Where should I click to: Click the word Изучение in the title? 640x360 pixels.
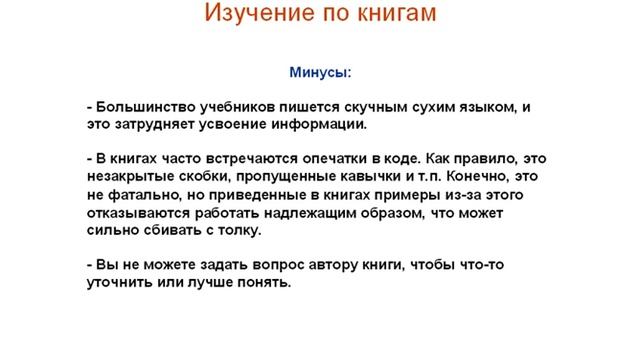[254, 15]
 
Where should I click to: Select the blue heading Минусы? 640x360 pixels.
[320, 73]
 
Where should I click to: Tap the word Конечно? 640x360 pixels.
[488, 177]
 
